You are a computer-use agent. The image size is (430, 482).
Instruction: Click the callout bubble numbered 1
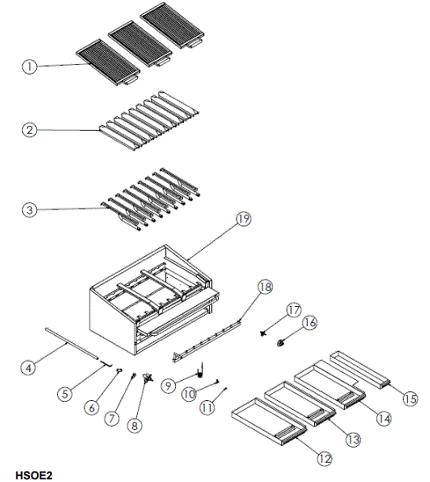click(31, 66)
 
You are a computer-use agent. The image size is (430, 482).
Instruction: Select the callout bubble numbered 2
click(31, 129)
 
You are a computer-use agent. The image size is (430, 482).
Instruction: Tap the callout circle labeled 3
click(31, 209)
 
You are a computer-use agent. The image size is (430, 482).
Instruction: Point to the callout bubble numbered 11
click(207, 407)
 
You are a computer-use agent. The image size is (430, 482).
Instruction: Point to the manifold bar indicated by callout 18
click(211, 339)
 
